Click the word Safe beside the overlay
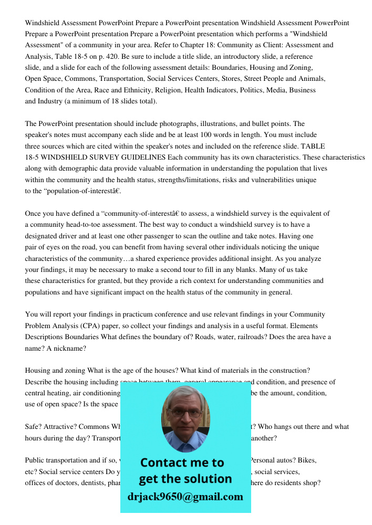pyautogui.click(x=34, y=427)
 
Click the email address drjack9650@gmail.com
pyautogui.click(x=185, y=497)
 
